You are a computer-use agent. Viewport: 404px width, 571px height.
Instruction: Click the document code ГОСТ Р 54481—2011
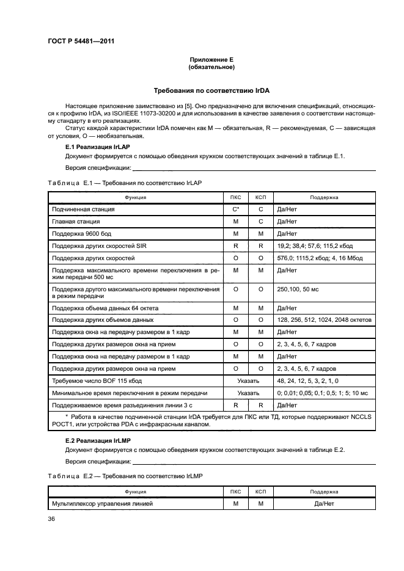[x=81, y=42]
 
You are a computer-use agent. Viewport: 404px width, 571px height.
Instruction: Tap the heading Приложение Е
[x=211, y=59]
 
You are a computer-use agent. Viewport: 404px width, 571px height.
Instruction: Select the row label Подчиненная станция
[x=83, y=209]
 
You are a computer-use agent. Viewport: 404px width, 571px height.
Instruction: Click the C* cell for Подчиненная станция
[x=235, y=209]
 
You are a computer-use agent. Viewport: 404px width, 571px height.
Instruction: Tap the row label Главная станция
[x=76, y=222]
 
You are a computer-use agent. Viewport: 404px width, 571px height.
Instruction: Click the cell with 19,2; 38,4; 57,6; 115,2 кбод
[x=314, y=246]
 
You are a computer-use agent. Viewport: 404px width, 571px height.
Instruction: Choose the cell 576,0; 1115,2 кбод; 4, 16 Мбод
[x=319, y=258]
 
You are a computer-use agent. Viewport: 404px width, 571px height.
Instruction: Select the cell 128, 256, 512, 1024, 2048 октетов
[x=324, y=320]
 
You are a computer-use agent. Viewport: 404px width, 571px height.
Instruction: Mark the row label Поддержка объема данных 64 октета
[x=101, y=308]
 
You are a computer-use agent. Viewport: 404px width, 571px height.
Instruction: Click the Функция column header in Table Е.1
[x=135, y=197]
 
